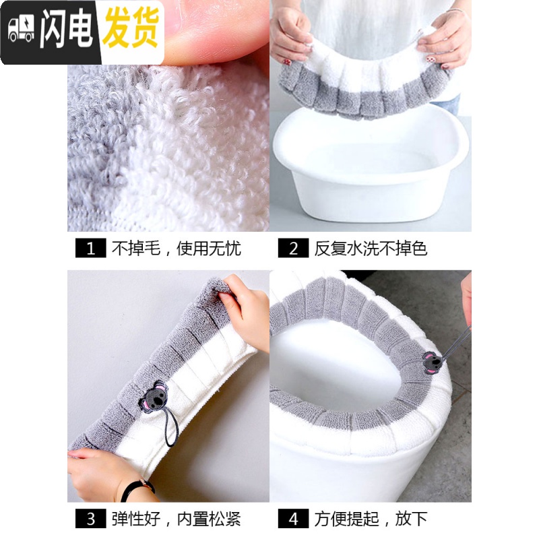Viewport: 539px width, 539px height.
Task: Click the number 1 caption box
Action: [90, 248]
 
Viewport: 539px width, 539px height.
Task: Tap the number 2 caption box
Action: [294, 248]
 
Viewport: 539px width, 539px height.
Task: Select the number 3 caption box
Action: [90, 518]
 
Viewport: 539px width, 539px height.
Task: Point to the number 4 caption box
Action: [294, 518]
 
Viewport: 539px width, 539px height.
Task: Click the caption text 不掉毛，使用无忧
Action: [176, 248]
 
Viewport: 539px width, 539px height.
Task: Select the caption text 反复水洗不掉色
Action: [371, 248]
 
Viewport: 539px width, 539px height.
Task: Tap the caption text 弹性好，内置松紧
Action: [176, 518]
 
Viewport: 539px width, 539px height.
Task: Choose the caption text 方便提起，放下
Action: [371, 518]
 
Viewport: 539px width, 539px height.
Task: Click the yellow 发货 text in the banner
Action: [131, 31]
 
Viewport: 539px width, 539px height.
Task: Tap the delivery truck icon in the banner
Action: [22, 31]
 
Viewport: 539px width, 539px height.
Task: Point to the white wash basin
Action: [370, 168]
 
